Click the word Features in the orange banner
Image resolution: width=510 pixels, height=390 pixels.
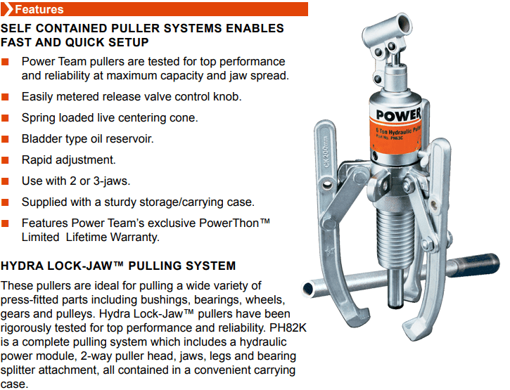(39, 9)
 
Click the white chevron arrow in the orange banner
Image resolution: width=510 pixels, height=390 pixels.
(7, 9)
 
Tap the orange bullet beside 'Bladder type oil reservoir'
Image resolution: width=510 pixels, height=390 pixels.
(5, 139)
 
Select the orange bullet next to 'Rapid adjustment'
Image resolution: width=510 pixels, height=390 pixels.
(5, 160)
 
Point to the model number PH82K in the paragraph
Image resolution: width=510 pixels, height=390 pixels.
(288, 327)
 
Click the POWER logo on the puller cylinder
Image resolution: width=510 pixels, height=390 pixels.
(398, 115)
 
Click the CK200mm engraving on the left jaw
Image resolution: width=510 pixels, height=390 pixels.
(326, 152)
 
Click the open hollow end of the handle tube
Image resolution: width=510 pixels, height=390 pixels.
(307, 289)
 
